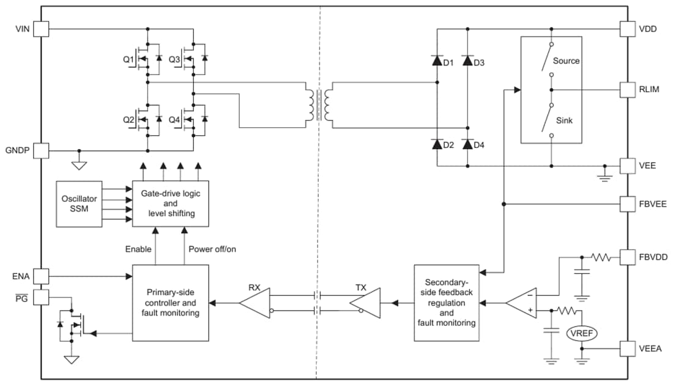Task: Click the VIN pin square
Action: (41, 29)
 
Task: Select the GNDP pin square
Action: (41, 150)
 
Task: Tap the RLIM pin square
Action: (628, 89)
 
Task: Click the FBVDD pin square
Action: (628, 257)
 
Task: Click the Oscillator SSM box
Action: (79, 204)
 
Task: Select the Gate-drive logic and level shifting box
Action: (170, 203)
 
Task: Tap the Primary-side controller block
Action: (170, 303)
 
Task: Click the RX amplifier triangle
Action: (253, 303)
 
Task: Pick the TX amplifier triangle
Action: (366, 303)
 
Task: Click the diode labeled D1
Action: (437, 61)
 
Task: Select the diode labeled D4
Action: (468, 145)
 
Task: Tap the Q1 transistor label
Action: (128, 60)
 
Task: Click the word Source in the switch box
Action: (566, 61)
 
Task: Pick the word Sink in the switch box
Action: (564, 120)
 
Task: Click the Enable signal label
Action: (138, 249)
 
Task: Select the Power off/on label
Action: (212, 249)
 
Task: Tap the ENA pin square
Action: (41, 276)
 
